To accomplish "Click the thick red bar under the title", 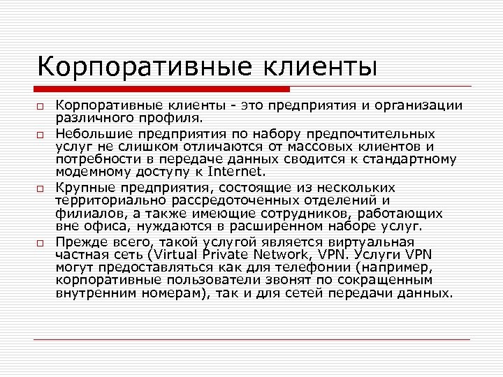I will pos(162,89).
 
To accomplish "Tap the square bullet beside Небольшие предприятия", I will pos(42,133).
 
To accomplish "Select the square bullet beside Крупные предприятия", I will pos(42,188).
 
